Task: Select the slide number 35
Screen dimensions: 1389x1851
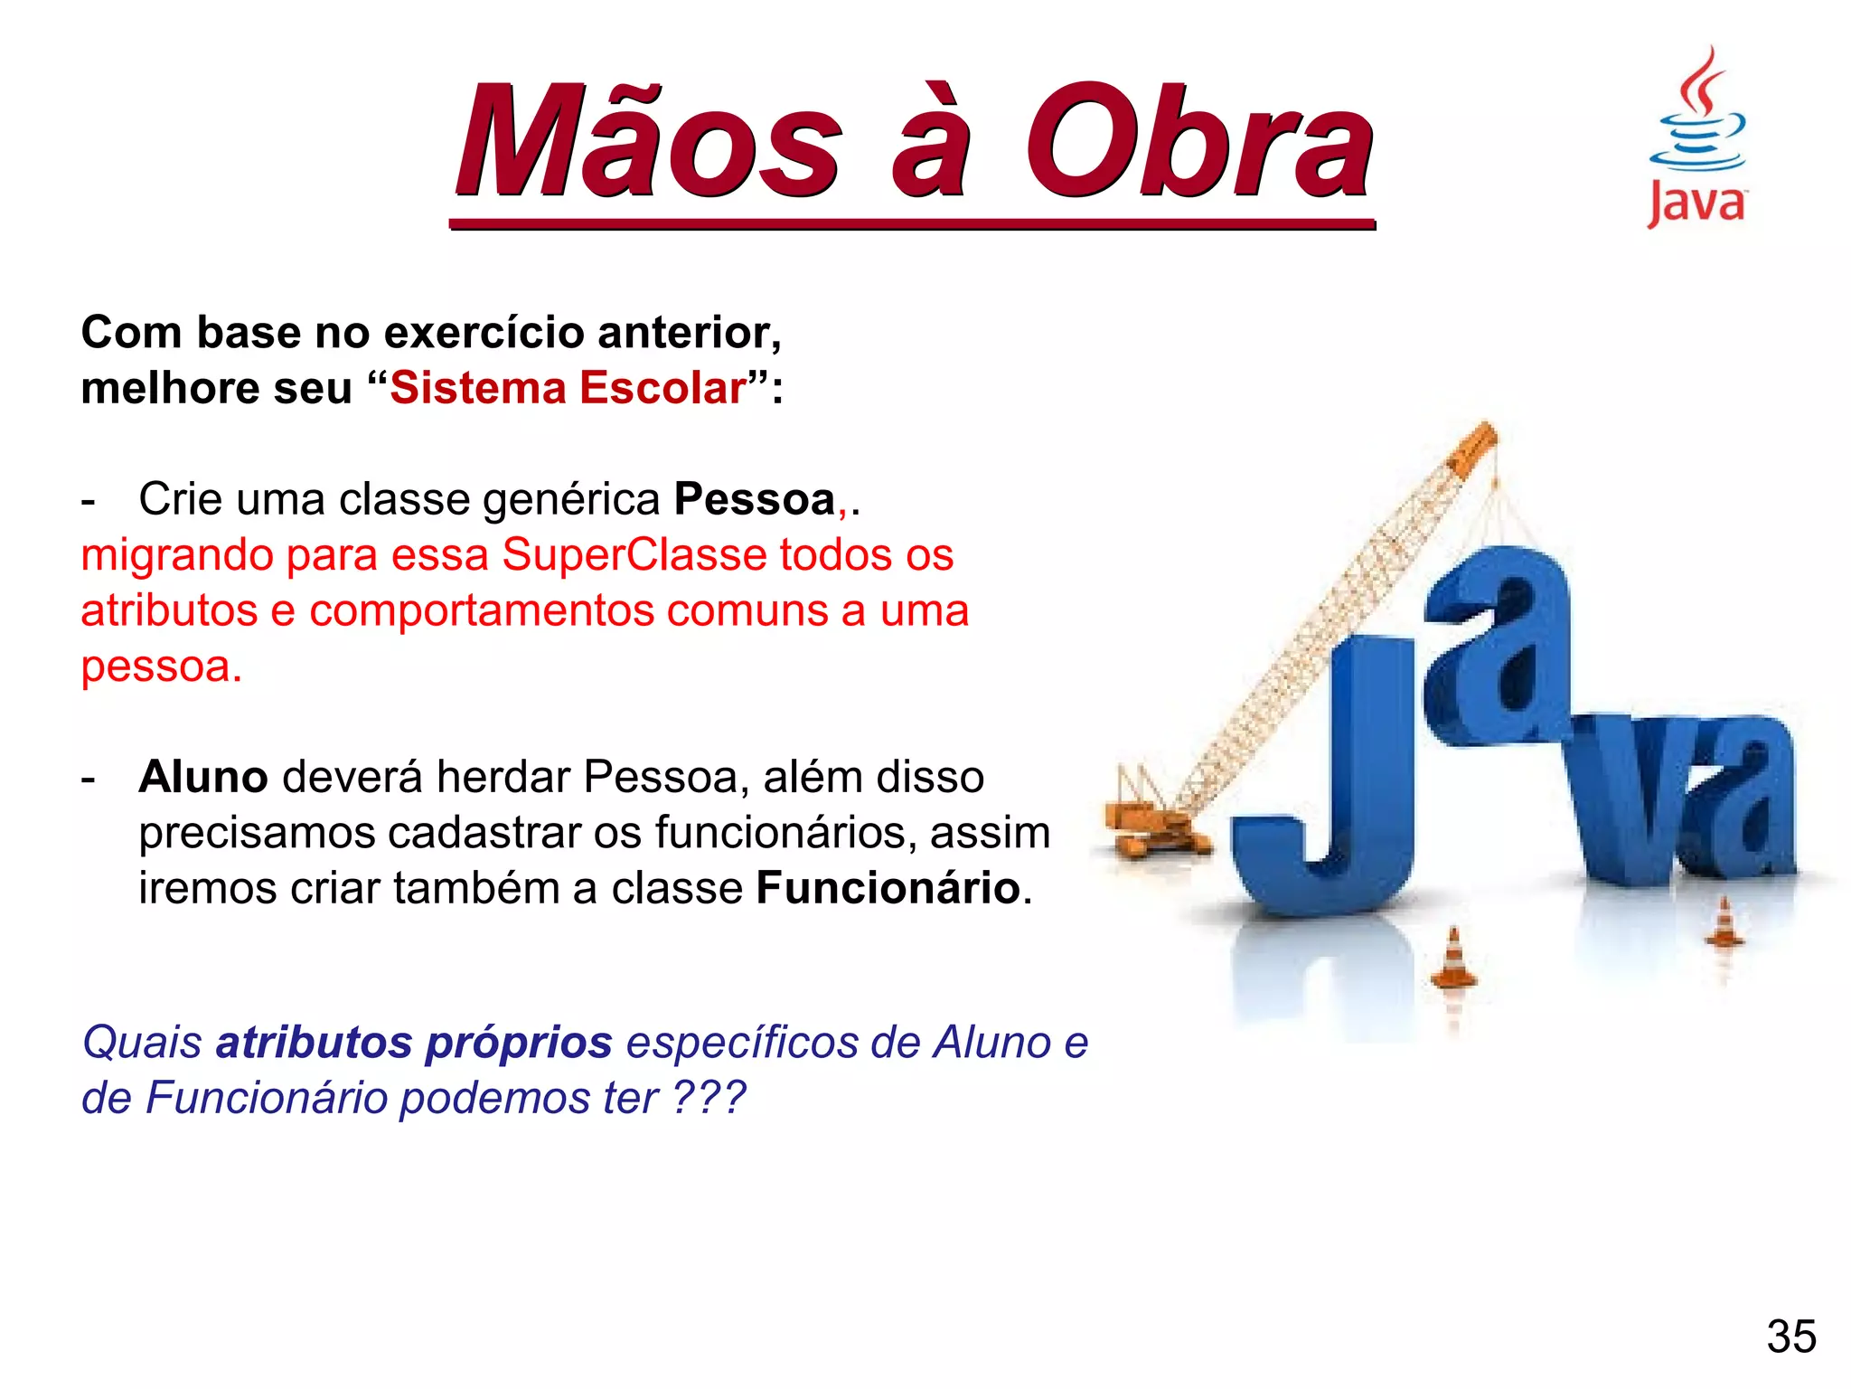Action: pos(1791,1337)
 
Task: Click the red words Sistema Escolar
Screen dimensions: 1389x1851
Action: pos(568,388)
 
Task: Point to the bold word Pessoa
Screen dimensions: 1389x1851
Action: pos(755,499)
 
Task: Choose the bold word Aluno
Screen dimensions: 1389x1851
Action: pos(203,777)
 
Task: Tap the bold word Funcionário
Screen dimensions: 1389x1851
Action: pos(888,888)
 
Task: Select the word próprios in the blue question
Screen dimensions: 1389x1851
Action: pos(519,1044)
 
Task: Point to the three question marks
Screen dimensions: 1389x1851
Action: pos(709,1098)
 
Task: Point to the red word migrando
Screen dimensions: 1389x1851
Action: pos(176,556)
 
